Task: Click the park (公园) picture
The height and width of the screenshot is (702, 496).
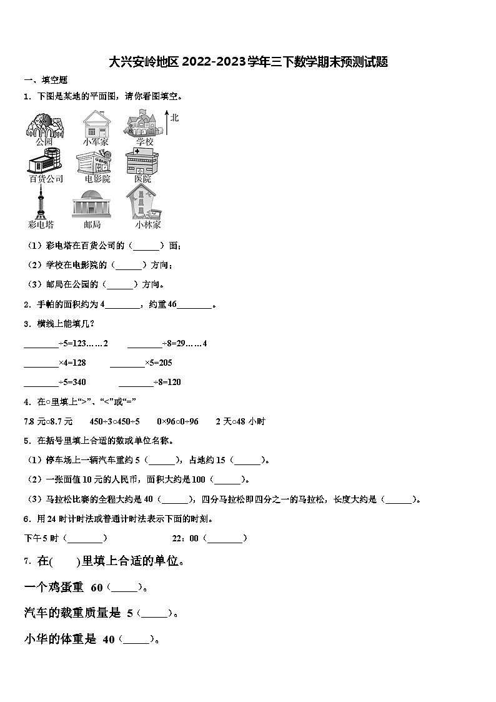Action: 44,124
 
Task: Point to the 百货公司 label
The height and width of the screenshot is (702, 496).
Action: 46,179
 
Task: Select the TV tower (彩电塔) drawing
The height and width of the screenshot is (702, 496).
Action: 41,204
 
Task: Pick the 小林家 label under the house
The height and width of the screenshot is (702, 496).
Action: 147,224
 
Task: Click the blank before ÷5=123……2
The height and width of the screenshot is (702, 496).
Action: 41,344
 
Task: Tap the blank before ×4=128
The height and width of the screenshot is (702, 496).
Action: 41,363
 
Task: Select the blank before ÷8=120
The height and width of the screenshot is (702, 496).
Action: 136,383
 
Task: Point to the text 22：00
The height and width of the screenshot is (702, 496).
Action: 185,538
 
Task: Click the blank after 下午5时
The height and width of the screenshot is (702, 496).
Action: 86,538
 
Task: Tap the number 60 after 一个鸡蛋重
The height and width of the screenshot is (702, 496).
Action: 97,588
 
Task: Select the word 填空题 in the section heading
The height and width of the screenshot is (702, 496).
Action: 54,80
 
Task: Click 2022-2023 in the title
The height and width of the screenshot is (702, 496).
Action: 213,62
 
